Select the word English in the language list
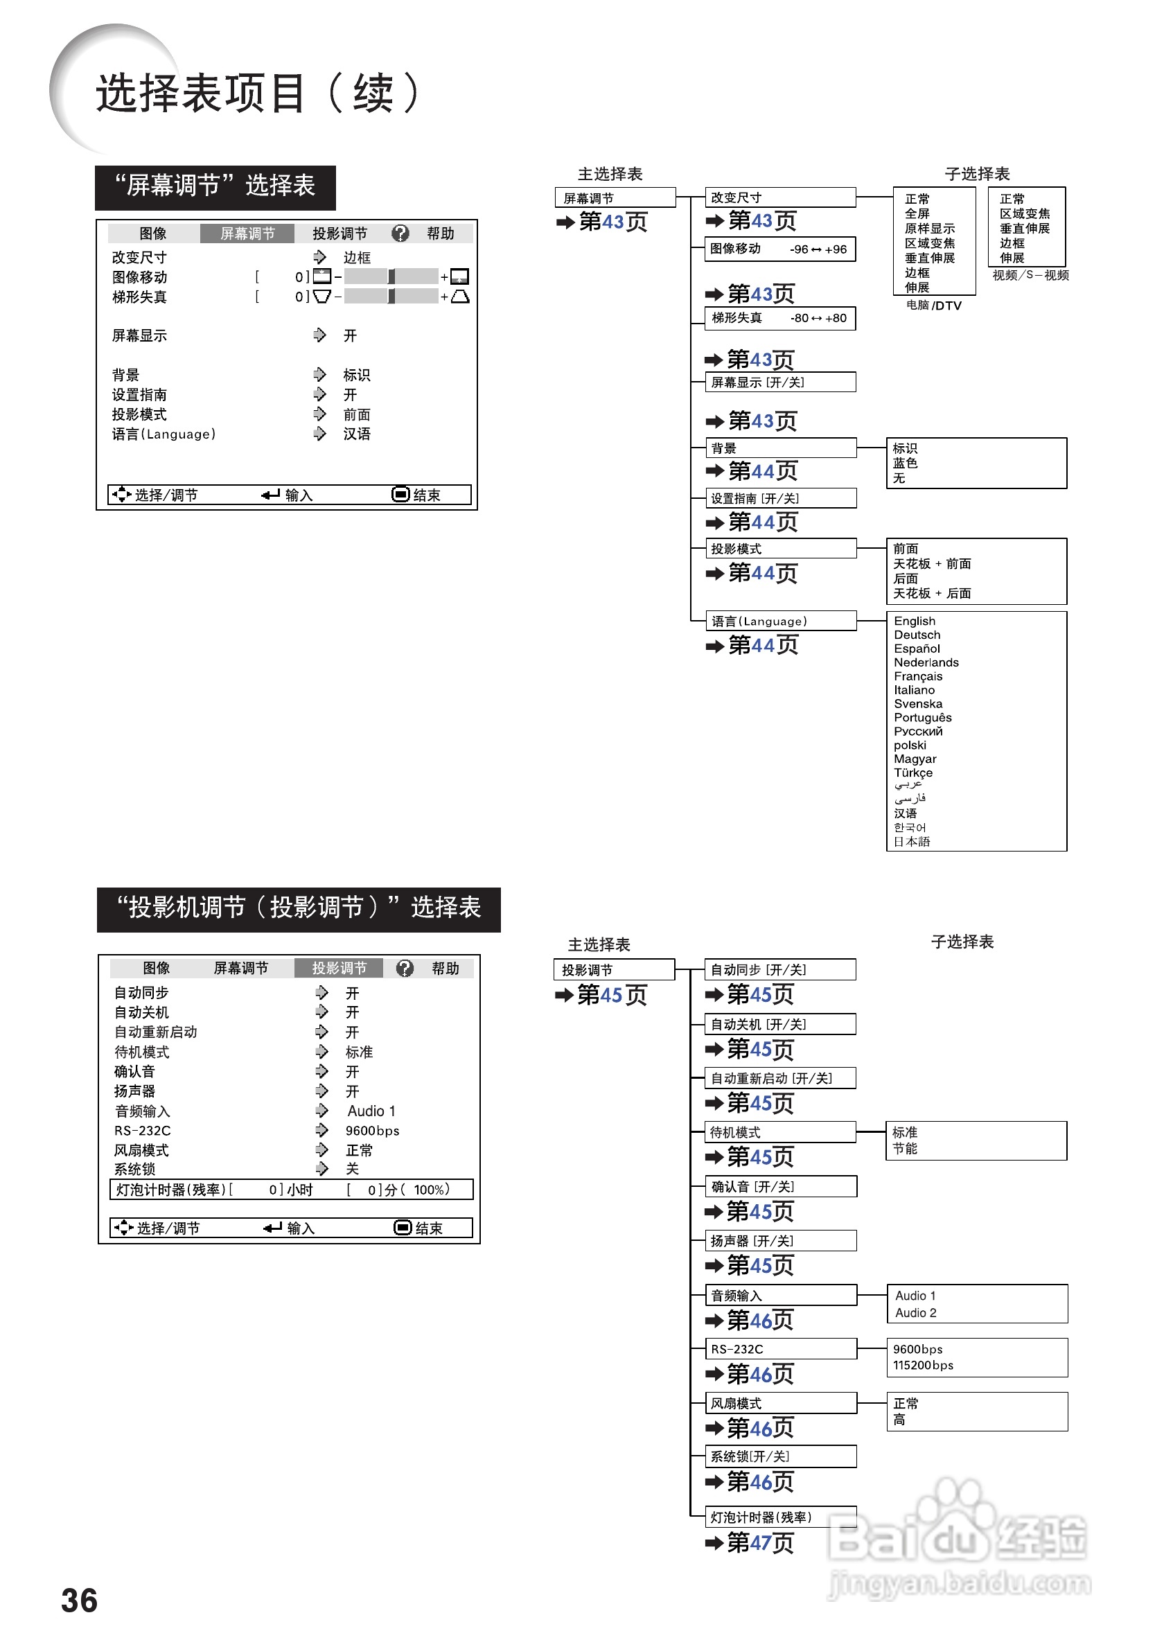coord(914,621)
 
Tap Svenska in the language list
coord(918,703)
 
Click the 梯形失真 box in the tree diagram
coord(780,317)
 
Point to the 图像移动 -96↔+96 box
coord(780,249)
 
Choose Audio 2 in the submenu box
coord(915,1312)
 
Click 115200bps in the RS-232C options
coord(923,1365)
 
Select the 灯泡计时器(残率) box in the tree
coord(780,1516)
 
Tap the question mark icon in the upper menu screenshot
coord(400,233)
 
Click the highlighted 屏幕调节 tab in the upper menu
coord(247,233)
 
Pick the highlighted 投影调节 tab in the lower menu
coord(339,967)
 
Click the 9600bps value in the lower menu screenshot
coord(372,1130)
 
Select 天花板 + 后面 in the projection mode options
coord(931,592)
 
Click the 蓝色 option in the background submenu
coord(905,464)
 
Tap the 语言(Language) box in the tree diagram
coord(781,621)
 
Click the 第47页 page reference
coord(760,1542)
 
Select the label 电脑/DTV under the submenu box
coord(933,305)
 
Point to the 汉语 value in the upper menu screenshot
coord(356,433)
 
